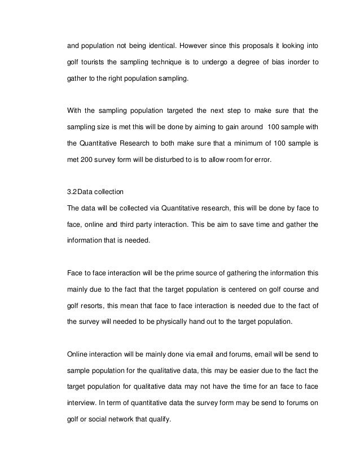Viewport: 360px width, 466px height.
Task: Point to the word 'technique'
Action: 175,60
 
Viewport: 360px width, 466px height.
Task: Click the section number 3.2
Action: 73,192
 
